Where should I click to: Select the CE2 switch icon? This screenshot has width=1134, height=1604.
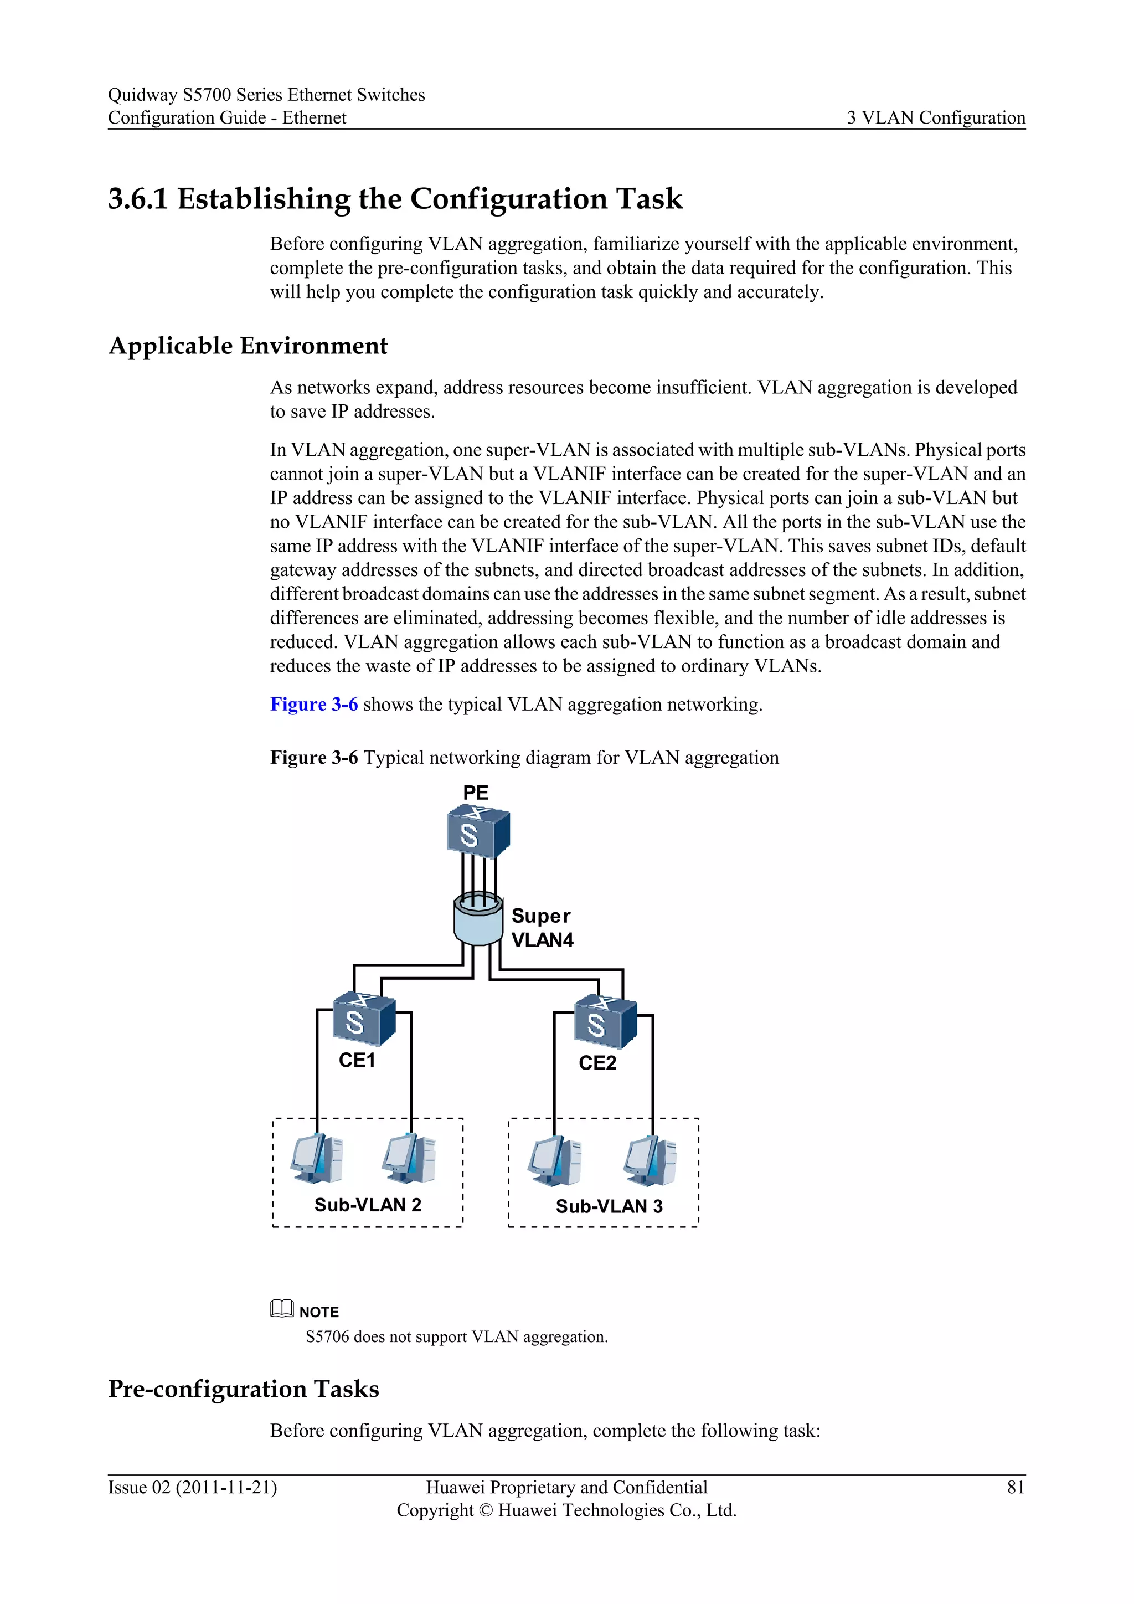605,1021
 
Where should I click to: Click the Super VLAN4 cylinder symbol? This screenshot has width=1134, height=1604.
478,919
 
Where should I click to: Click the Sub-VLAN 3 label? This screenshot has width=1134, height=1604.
609,1206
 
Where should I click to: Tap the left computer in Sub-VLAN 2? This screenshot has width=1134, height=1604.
316,1158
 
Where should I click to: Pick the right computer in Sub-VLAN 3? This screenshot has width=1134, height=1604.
650,1160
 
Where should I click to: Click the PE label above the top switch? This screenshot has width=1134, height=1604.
476,793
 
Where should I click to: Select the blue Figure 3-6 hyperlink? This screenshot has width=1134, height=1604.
313,704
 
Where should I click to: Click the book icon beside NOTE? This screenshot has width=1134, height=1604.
281,1308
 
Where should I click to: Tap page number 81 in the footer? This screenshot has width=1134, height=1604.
1016,1487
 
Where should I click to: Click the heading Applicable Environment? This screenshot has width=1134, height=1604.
248,346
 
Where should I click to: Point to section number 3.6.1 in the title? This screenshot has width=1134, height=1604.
138,199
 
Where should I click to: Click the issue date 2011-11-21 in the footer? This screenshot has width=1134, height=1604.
225,1487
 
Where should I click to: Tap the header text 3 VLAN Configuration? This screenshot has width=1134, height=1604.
936,117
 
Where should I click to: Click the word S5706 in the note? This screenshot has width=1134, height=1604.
327,1337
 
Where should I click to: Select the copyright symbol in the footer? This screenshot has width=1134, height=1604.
487,1510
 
